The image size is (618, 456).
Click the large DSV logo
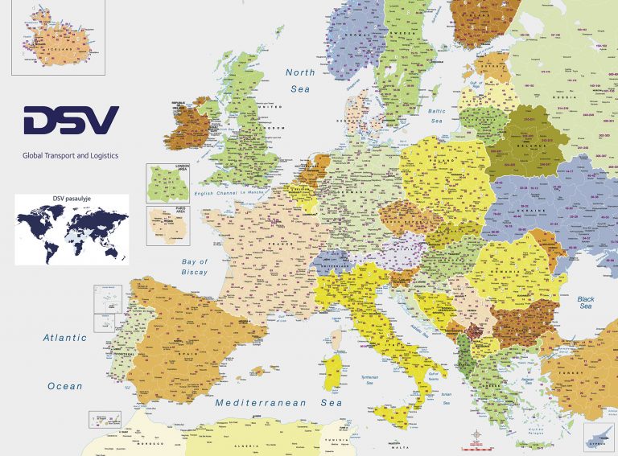click(71, 121)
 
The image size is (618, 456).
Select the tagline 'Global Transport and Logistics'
click(70, 158)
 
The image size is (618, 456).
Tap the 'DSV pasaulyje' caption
click(71, 199)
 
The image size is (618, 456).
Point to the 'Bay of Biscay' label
click(195, 267)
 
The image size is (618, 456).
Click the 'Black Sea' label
click(585, 302)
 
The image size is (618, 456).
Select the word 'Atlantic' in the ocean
click(65, 338)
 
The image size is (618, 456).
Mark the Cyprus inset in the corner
click(599, 439)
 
